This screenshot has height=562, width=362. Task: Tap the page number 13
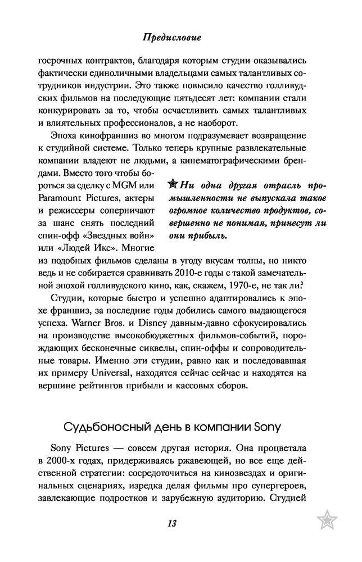click(172, 523)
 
